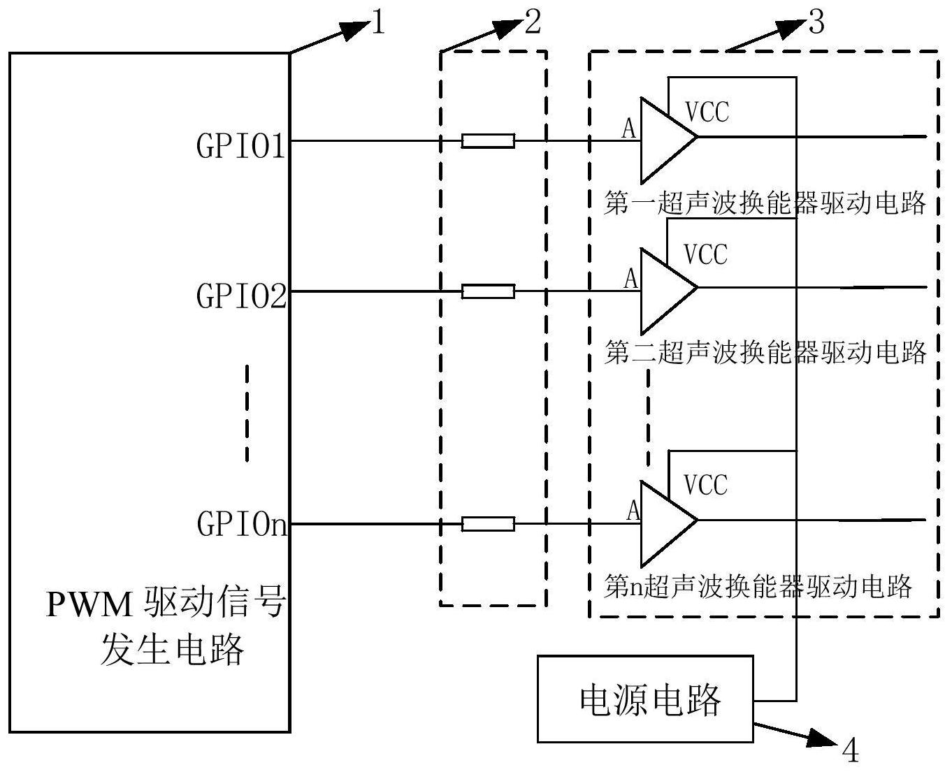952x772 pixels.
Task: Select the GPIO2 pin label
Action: point(240,296)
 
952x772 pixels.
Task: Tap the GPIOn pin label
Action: point(242,523)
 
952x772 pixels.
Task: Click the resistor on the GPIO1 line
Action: point(488,141)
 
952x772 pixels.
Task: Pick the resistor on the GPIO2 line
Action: point(488,291)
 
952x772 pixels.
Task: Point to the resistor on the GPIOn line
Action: point(488,524)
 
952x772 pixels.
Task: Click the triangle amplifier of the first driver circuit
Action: point(664,138)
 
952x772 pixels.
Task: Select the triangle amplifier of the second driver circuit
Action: point(664,289)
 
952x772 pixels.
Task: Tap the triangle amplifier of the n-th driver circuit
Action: point(664,521)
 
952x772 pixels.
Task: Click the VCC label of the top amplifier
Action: point(707,112)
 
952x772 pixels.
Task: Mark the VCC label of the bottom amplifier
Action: point(705,485)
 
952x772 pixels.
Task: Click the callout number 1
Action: point(378,24)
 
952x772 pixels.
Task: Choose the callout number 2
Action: point(532,23)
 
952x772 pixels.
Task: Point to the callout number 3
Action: point(816,23)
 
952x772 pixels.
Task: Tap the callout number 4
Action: point(849,751)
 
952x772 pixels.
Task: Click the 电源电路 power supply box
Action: point(644,698)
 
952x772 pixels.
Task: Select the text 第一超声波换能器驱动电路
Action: point(765,203)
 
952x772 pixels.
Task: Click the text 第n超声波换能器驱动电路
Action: point(758,585)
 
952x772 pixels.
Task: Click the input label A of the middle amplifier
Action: point(631,279)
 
